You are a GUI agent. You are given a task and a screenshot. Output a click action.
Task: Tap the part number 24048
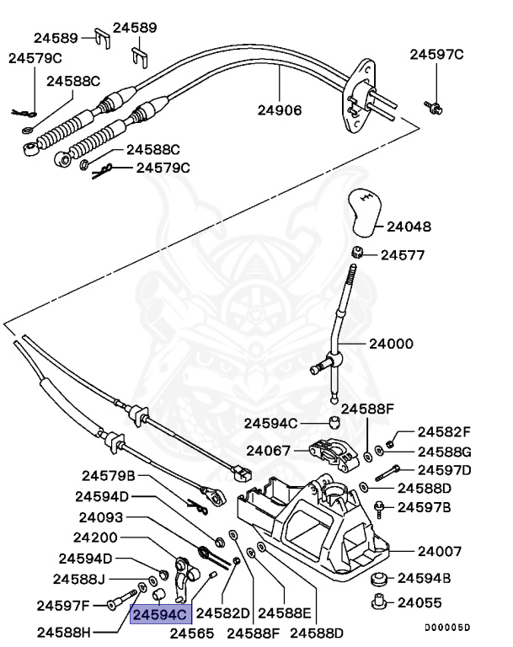pyautogui.click(x=409, y=227)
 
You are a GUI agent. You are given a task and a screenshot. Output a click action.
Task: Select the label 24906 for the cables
pyautogui.click(x=280, y=110)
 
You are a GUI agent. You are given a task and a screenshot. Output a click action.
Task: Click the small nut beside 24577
pyautogui.click(x=357, y=253)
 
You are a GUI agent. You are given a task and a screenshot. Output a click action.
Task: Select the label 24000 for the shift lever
pyautogui.click(x=390, y=344)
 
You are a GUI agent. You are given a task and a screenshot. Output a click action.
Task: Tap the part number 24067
pyautogui.click(x=269, y=450)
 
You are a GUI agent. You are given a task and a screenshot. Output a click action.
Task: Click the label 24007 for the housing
pyautogui.click(x=440, y=551)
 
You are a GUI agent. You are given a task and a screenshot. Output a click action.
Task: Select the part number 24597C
pyautogui.click(x=436, y=55)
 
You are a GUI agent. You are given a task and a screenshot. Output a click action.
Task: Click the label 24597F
pyautogui.click(x=63, y=604)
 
